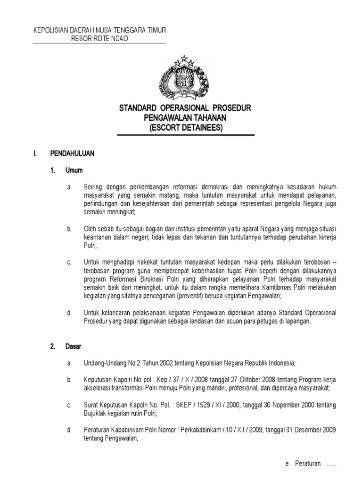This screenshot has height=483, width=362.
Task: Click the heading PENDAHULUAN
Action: [x=73, y=154]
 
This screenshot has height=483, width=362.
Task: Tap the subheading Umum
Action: [x=75, y=171]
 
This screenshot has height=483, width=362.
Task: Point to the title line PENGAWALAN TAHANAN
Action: [x=185, y=118]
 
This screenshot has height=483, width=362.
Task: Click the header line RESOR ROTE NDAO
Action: [x=99, y=39]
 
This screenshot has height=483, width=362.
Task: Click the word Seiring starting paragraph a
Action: [x=93, y=188]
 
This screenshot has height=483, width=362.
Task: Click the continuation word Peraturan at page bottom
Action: [x=308, y=464]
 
